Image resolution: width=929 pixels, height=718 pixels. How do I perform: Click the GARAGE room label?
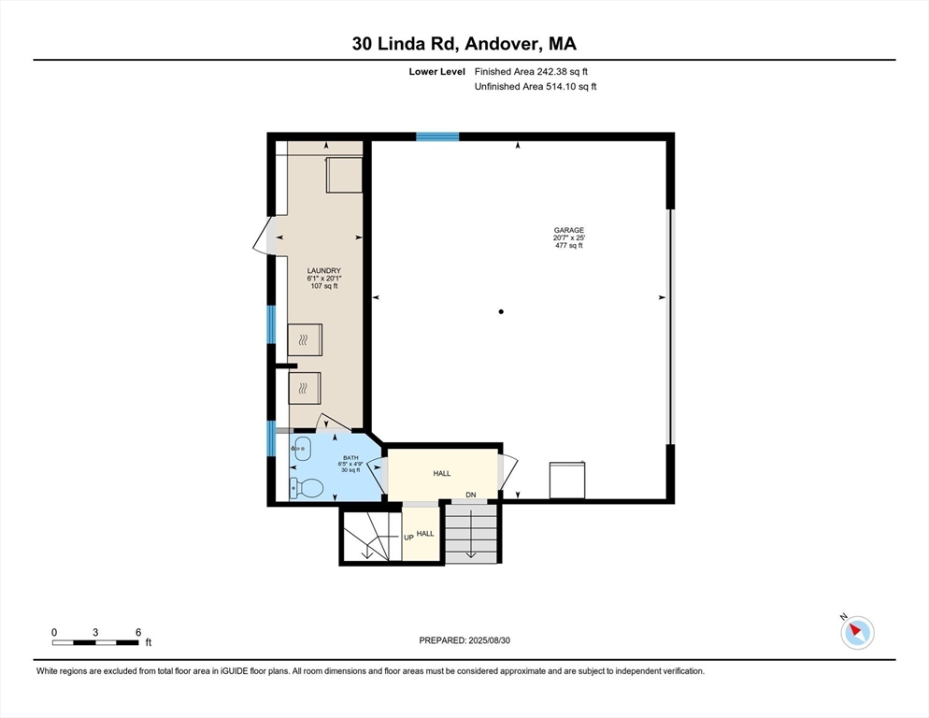pyautogui.click(x=569, y=230)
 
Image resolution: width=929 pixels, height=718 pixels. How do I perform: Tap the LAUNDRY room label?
pyautogui.click(x=324, y=270)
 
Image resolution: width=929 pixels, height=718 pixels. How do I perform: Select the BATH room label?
pyautogui.click(x=350, y=458)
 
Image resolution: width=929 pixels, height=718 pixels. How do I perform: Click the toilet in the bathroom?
pyautogui.click(x=307, y=488)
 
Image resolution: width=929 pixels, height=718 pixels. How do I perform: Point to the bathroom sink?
pyautogui.click(x=302, y=449)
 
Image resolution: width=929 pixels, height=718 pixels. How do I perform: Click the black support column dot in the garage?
pyautogui.click(x=501, y=311)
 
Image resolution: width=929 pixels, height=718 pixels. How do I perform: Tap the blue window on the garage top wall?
pyautogui.click(x=437, y=136)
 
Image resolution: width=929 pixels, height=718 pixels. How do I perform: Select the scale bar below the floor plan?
pyautogui.click(x=95, y=642)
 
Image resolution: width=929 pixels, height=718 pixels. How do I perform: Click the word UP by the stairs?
pyautogui.click(x=408, y=538)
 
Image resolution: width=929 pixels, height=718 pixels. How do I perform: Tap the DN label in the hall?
pyautogui.click(x=471, y=495)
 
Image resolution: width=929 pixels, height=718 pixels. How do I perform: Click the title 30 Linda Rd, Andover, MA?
pyautogui.click(x=464, y=44)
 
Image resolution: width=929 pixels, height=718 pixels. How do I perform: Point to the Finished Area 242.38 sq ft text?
pyautogui.click(x=531, y=72)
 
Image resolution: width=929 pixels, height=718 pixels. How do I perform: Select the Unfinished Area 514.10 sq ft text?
pyautogui.click(x=536, y=87)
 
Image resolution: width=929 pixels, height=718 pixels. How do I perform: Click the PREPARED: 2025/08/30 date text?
pyautogui.click(x=464, y=640)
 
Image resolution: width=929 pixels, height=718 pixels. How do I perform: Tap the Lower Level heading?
pyautogui.click(x=437, y=72)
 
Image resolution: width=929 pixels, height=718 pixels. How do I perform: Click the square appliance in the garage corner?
pyautogui.click(x=567, y=481)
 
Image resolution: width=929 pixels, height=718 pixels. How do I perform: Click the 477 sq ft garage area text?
pyautogui.click(x=569, y=246)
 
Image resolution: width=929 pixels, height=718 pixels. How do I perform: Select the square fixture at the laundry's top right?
pyautogui.click(x=344, y=174)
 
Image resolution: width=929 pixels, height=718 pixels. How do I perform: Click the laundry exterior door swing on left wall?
pyautogui.click(x=263, y=236)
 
